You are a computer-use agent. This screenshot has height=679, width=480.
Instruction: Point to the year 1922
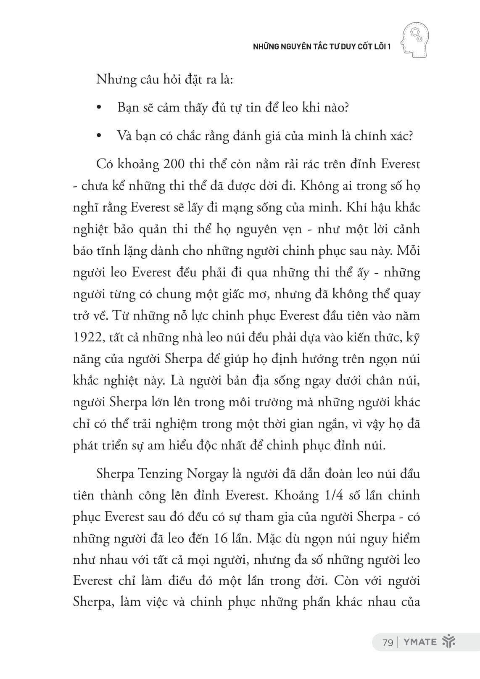point(87,337)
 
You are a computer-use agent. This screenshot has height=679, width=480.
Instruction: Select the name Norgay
point(208,474)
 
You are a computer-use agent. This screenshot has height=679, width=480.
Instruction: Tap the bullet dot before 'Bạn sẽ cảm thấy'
point(99,109)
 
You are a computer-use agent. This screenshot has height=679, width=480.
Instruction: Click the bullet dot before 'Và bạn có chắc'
point(99,137)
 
